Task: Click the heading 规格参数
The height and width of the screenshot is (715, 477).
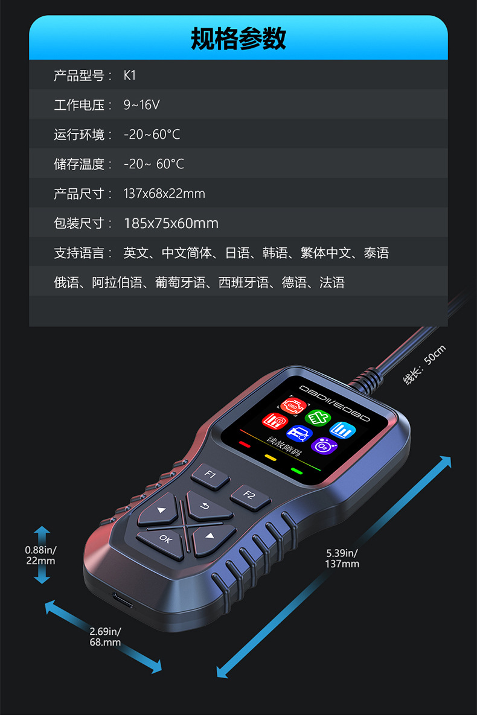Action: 238,39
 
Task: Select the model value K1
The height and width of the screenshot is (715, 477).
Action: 130,75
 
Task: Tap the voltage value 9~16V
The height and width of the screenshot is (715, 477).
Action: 141,105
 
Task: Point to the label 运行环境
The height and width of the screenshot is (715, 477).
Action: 79,135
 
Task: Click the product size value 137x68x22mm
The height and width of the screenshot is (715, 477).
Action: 164,194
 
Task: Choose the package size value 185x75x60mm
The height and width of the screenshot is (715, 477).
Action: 171,223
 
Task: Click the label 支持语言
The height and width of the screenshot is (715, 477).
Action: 79,253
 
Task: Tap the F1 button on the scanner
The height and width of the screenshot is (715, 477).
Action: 210,475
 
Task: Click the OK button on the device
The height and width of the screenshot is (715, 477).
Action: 165,539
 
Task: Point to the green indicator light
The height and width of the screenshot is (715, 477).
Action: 296,471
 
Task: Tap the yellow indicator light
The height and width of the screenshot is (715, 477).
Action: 270,457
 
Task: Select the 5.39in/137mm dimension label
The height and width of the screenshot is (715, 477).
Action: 342,558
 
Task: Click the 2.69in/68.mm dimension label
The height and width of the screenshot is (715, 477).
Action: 105,637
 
